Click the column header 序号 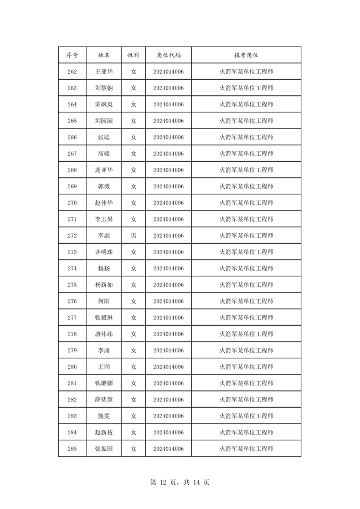coord(72,55)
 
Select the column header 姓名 coord(104,55)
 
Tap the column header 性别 coord(133,55)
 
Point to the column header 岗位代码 coord(168,55)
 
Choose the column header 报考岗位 coord(246,55)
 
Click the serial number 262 coord(72,71)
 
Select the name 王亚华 coord(104,71)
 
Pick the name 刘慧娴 coord(104,88)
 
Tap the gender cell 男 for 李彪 coord(133,235)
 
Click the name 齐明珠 coord(104,252)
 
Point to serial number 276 coord(72,301)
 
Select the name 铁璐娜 coord(104,383)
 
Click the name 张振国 coord(104,449)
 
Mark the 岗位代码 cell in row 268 coord(168,170)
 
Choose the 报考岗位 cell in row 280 coord(246,367)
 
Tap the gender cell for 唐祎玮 coord(133,334)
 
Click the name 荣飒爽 coord(104,104)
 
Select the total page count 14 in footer coord(196,482)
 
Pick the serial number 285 coord(72,449)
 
